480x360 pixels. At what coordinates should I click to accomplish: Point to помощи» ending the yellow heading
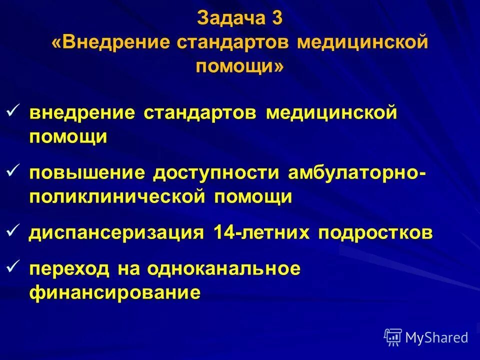(x=239, y=66)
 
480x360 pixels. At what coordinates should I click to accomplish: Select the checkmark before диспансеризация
(x=14, y=231)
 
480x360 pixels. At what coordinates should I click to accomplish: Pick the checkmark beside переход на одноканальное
(x=14, y=268)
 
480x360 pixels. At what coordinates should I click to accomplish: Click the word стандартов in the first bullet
(x=200, y=112)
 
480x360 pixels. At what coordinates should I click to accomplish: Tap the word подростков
(x=375, y=233)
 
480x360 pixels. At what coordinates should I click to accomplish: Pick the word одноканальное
(x=224, y=269)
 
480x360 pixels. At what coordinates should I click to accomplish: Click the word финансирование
(x=114, y=292)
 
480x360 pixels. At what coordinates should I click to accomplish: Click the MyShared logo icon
(x=393, y=337)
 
